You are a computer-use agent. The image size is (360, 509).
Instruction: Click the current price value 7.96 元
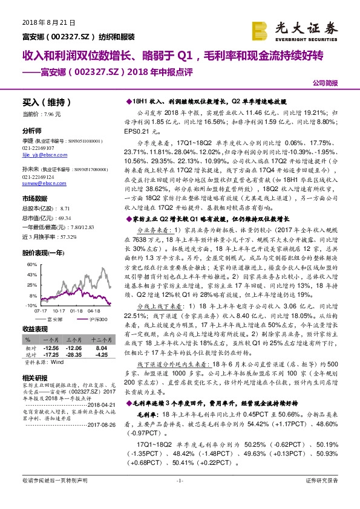tap(52, 114)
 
